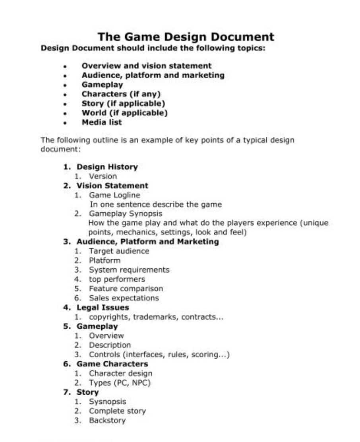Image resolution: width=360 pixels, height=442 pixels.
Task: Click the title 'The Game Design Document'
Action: click(x=186, y=37)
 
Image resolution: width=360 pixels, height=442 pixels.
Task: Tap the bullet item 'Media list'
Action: click(x=102, y=122)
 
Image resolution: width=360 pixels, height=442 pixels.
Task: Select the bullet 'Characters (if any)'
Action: click(x=121, y=94)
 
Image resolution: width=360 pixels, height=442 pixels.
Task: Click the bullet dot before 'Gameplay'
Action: click(x=65, y=85)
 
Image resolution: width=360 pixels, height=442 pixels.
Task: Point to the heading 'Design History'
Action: click(x=107, y=167)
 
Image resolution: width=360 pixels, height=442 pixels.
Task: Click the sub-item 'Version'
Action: click(x=103, y=176)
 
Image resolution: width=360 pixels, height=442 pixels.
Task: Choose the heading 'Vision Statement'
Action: click(x=112, y=186)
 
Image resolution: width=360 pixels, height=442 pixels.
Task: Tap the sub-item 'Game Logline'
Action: click(x=114, y=195)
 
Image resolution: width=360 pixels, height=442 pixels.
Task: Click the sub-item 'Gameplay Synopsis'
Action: click(x=126, y=214)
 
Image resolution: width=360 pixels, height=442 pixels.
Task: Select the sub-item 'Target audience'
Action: click(x=119, y=251)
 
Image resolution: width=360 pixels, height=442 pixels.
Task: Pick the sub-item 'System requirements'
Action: click(x=129, y=270)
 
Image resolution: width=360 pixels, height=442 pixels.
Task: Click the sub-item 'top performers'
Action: click(x=117, y=279)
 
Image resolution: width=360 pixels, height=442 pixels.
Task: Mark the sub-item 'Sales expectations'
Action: click(x=124, y=298)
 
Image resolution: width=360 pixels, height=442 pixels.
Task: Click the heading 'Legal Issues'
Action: click(x=103, y=308)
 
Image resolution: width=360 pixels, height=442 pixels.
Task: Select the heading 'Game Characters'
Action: click(x=112, y=364)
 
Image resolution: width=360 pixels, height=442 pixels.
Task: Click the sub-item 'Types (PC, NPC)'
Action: click(x=120, y=383)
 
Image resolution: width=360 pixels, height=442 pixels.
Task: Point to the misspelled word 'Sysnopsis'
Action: click(x=107, y=402)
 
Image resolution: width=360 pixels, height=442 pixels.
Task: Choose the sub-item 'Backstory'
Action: click(x=107, y=421)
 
